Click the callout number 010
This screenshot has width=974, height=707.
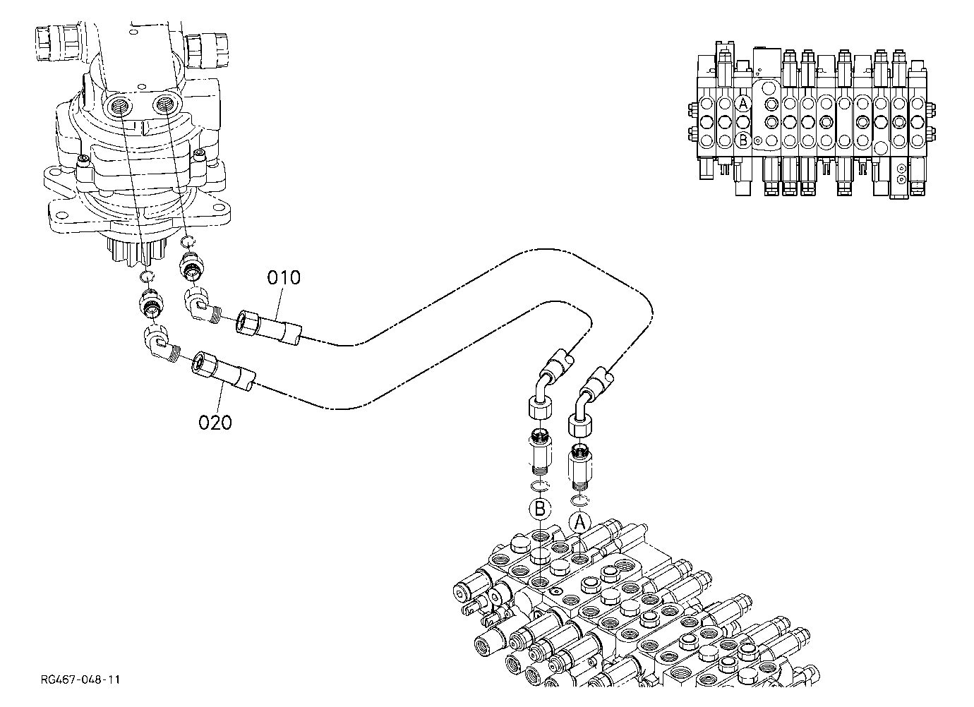(x=284, y=277)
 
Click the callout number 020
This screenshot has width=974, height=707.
(x=215, y=423)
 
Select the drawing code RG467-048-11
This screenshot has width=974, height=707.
(x=80, y=679)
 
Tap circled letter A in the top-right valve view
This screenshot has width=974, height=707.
(x=743, y=104)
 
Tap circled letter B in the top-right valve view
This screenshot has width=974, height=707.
(x=743, y=140)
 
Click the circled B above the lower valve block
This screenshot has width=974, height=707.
(x=540, y=508)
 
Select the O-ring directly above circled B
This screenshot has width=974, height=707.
(x=541, y=486)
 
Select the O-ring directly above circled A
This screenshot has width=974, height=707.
(x=580, y=500)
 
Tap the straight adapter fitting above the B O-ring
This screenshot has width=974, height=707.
(x=541, y=452)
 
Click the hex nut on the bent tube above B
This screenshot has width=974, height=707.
(x=540, y=407)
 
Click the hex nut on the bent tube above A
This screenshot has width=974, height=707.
(x=580, y=425)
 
